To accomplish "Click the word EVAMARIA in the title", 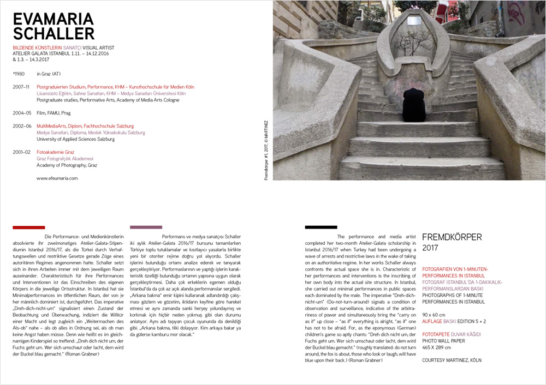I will click(x=53, y=19).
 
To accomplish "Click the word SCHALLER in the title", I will click(x=53, y=33).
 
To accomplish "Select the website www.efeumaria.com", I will click(x=57, y=178).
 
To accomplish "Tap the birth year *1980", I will click(x=19, y=73).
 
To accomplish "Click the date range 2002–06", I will click(x=21, y=126).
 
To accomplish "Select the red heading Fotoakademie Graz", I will click(x=55, y=152).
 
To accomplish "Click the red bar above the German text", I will click(x=28, y=227).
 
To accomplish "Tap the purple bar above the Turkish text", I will click(x=146, y=227).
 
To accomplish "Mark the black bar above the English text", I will click(x=321, y=227).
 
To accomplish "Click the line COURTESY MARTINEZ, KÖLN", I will click(x=452, y=360).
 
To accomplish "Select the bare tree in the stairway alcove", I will click(x=412, y=41).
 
